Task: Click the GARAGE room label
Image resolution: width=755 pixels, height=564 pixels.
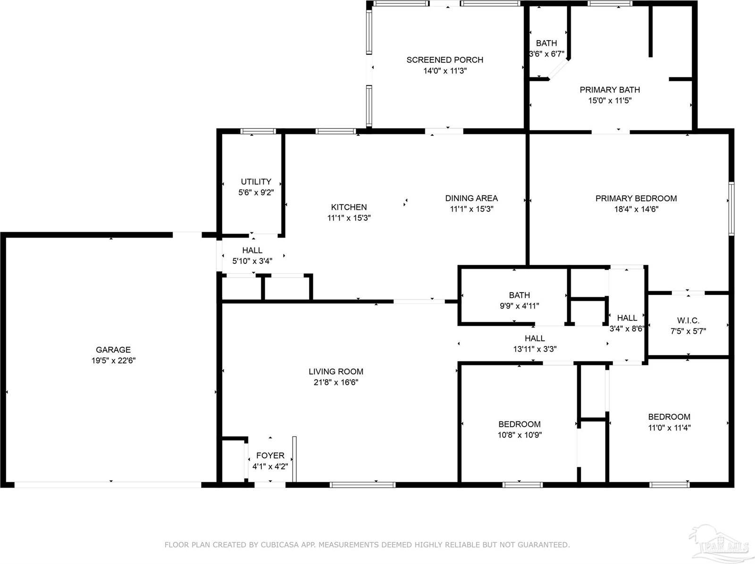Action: coord(113,350)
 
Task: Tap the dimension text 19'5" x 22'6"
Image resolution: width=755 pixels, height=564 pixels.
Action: coord(114,361)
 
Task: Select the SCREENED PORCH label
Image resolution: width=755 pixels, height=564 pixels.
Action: coord(445,60)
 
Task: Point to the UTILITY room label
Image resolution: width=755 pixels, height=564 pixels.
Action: coord(256,182)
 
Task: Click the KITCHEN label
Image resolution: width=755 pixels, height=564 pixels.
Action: coord(349,207)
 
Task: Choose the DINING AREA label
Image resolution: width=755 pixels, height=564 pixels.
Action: coord(471,198)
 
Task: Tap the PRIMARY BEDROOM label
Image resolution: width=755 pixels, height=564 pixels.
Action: coord(636,199)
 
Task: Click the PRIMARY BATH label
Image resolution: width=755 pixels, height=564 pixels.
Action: coord(610,90)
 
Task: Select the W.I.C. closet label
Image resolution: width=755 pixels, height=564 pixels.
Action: coord(688,321)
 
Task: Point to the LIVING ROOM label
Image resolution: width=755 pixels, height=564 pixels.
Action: coord(336,372)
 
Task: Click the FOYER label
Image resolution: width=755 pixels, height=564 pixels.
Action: coord(270,455)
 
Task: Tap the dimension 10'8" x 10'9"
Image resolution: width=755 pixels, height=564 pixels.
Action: coord(519,435)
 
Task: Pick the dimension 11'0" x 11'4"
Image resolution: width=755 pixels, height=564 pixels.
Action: coord(669,428)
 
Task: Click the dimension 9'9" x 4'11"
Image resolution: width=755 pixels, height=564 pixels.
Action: coord(519,306)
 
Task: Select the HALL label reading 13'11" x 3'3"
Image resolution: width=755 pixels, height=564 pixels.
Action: coord(535,338)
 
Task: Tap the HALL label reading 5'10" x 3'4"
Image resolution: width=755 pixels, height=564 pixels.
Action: coord(252,251)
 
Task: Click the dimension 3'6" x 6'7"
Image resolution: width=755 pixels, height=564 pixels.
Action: coord(546,54)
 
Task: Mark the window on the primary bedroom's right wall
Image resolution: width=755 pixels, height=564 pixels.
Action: coord(731,209)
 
